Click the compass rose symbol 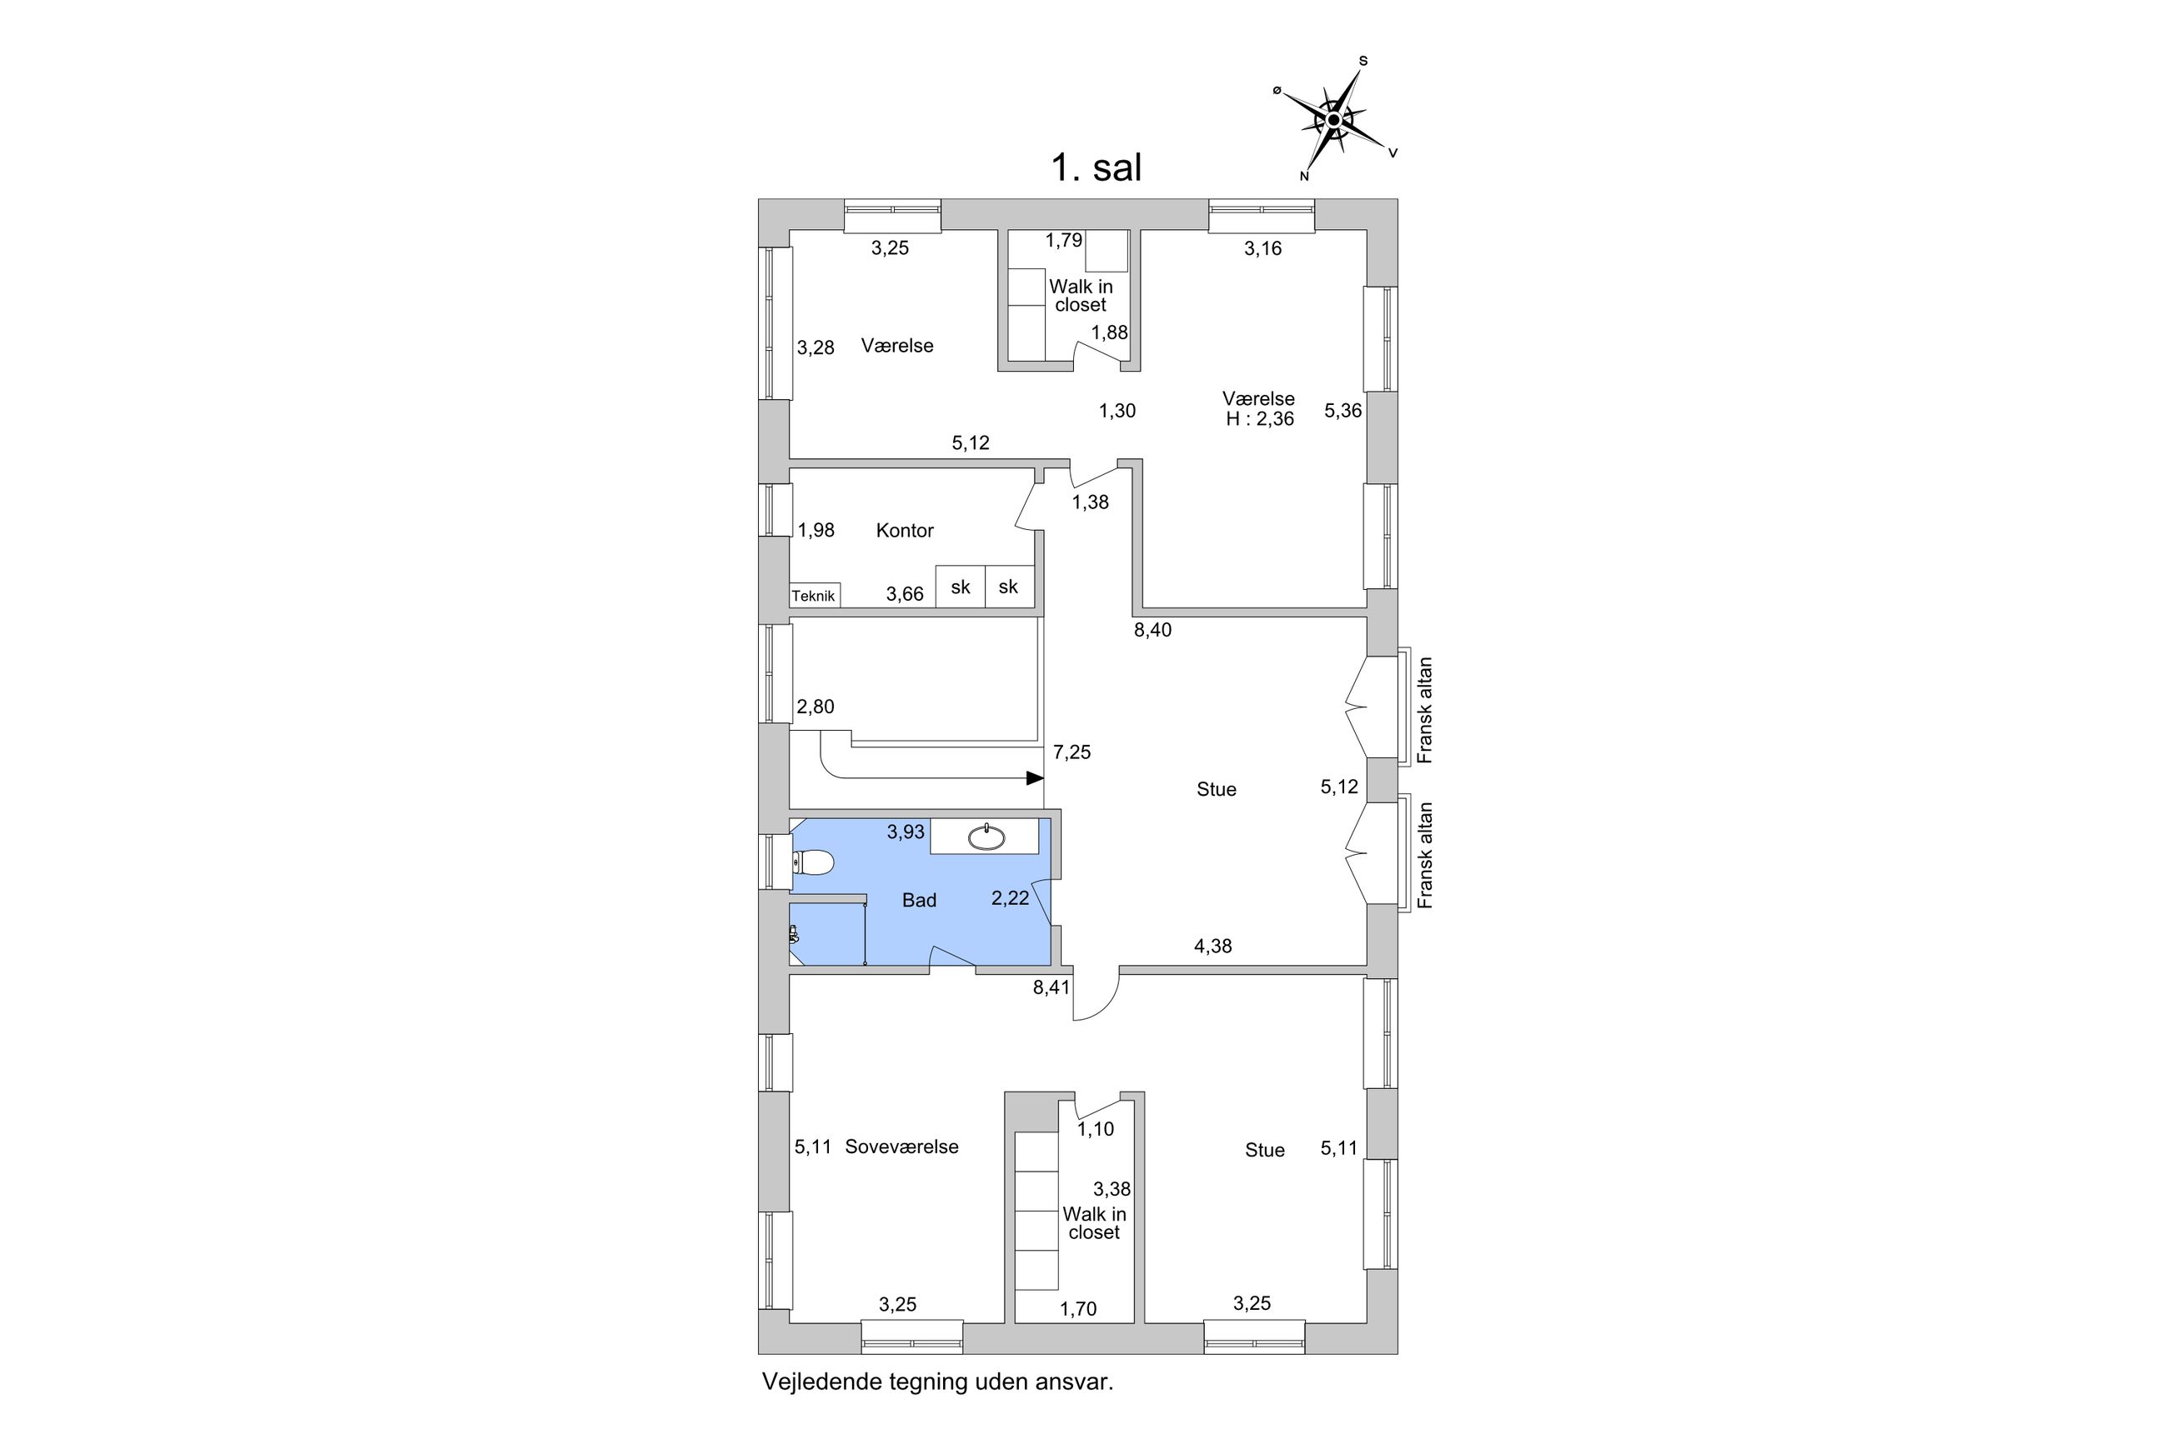coord(1333,120)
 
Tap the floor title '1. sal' coord(1097,167)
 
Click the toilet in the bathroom coord(813,863)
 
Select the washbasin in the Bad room coord(986,837)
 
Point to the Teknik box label coord(814,596)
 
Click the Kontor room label coord(905,531)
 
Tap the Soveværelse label coord(902,1147)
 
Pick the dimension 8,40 coord(1152,630)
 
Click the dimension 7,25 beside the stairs coord(1071,752)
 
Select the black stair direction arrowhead coord(1036,778)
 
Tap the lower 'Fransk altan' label coord(1425,856)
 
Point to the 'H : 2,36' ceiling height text coord(1259,419)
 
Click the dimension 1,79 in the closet coord(1063,240)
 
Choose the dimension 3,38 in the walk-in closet coord(1112,1189)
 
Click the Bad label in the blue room coord(919,901)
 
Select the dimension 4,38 coord(1212,946)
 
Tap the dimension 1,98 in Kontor coord(816,531)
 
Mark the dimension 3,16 coord(1262,247)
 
